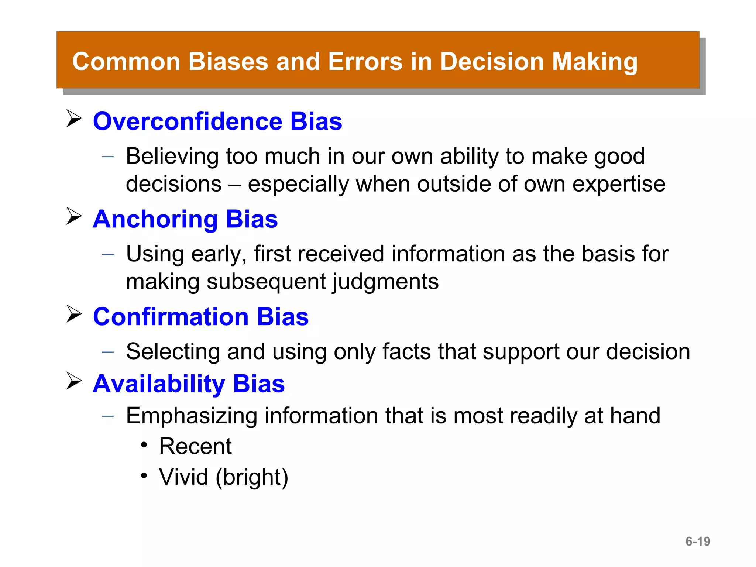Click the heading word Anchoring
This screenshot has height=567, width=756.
click(x=155, y=219)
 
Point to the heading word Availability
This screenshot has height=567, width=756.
click(x=159, y=384)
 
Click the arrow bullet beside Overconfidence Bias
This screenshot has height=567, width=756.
click(x=74, y=118)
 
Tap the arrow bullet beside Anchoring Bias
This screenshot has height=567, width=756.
click(x=74, y=216)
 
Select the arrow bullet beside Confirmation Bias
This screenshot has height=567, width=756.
click(x=74, y=314)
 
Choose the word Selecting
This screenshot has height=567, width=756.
click(x=173, y=351)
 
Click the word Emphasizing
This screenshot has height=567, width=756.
click(x=191, y=416)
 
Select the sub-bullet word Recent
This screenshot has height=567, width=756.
click(x=195, y=446)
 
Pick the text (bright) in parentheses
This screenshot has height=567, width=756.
click(x=252, y=477)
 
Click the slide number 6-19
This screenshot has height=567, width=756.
click(x=698, y=542)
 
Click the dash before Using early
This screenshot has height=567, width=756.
click(x=108, y=254)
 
